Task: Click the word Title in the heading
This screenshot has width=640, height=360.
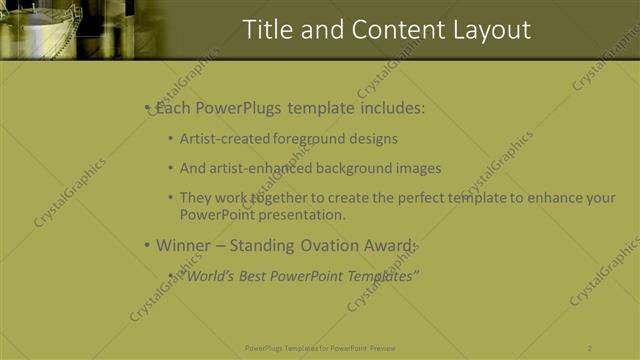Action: click(x=269, y=30)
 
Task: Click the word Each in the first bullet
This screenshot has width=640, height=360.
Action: click(x=176, y=108)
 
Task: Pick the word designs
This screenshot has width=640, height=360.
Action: click(x=371, y=139)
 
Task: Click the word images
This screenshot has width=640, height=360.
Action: click(x=419, y=168)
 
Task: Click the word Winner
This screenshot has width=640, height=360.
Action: click(x=183, y=245)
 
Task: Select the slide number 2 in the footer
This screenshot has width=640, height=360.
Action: click(x=590, y=348)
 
